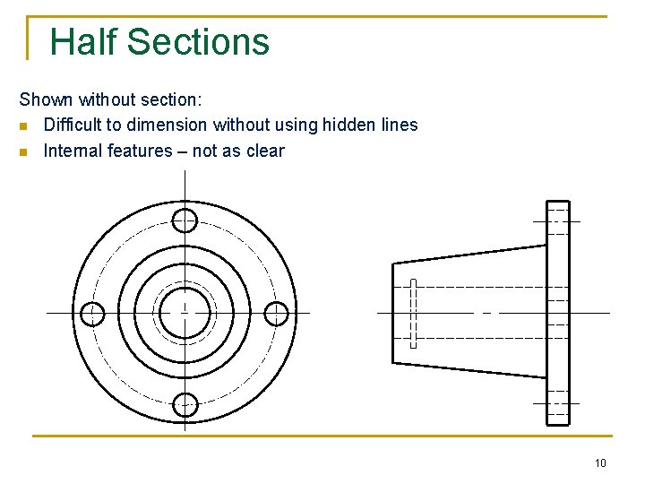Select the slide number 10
tap(600, 462)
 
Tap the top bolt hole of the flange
tap(185, 220)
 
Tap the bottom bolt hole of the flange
tap(185, 405)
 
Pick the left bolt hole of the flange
tap(92, 314)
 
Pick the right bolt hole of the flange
tap(277, 314)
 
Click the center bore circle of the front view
tap(185, 314)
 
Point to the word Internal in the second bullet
tap(72, 151)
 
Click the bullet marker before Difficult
tap(25, 125)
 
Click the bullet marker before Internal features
tap(25, 151)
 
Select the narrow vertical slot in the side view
tap(413, 314)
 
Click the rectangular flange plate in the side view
tap(557, 313)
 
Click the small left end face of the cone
tap(395, 313)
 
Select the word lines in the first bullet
tap(399, 125)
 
